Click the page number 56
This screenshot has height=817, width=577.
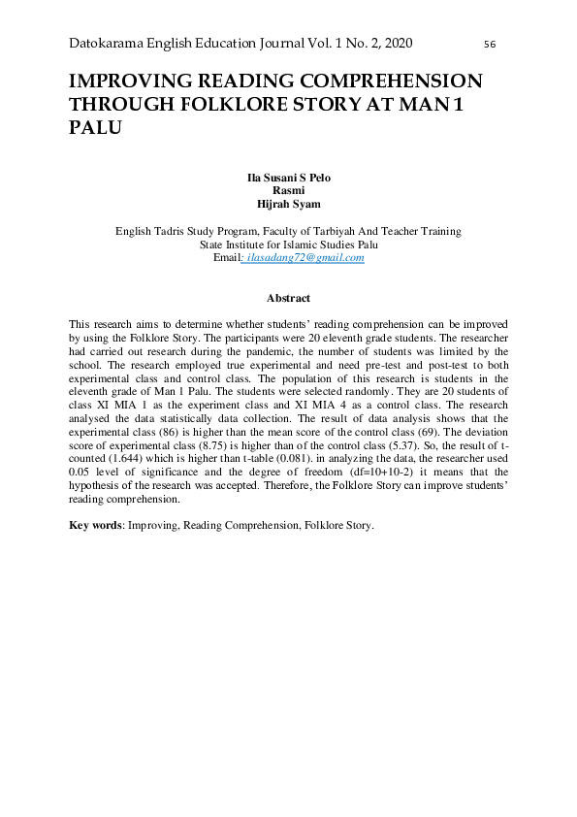click(x=489, y=45)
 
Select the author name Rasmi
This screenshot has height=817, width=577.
click(x=288, y=192)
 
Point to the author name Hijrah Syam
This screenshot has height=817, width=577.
click(x=288, y=205)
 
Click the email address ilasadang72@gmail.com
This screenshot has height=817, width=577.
click(x=305, y=259)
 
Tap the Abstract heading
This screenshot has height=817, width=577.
click(x=288, y=298)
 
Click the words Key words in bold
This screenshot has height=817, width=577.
click(x=94, y=525)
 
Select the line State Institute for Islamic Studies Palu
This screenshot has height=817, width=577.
click(x=288, y=245)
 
